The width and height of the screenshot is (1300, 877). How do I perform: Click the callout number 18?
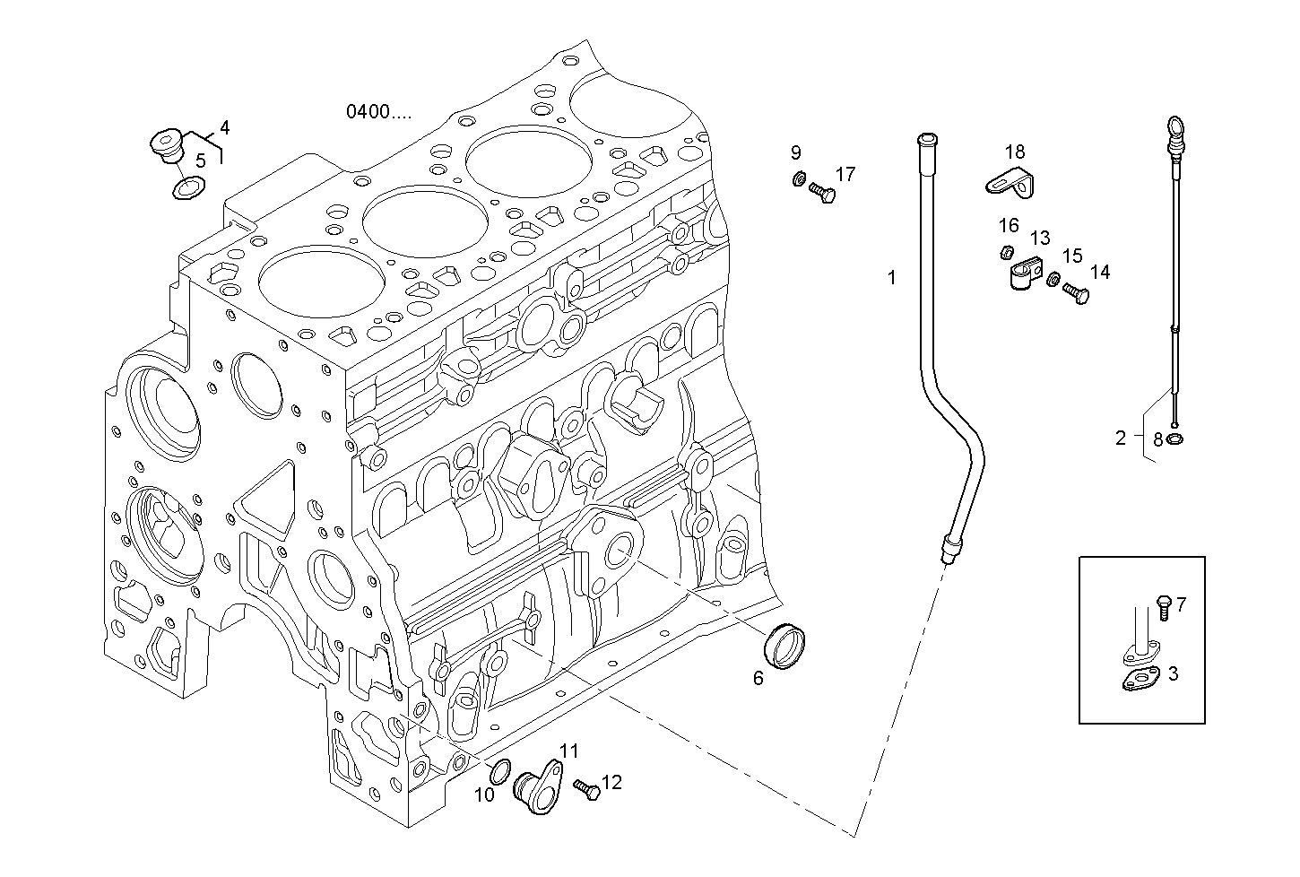click(x=1014, y=152)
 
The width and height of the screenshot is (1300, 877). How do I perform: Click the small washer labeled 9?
click(x=797, y=178)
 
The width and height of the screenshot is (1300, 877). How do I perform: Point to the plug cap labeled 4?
click(x=165, y=145)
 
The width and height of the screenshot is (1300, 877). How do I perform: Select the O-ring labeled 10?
click(x=502, y=769)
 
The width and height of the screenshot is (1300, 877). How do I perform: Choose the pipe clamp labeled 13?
click(x=1022, y=273)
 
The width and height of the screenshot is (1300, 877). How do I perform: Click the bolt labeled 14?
click(x=1076, y=292)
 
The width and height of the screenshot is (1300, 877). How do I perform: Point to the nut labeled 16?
click(x=1007, y=253)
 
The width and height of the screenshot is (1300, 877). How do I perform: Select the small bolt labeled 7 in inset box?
click(x=1163, y=606)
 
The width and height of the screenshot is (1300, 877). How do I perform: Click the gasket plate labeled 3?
click(x=1140, y=680)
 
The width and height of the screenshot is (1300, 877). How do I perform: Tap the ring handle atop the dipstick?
click(x=1174, y=125)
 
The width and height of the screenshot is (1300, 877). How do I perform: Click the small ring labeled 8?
click(x=1175, y=438)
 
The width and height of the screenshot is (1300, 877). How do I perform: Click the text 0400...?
click(x=379, y=112)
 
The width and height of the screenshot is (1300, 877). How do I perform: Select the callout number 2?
click(x=1120, y=438)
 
